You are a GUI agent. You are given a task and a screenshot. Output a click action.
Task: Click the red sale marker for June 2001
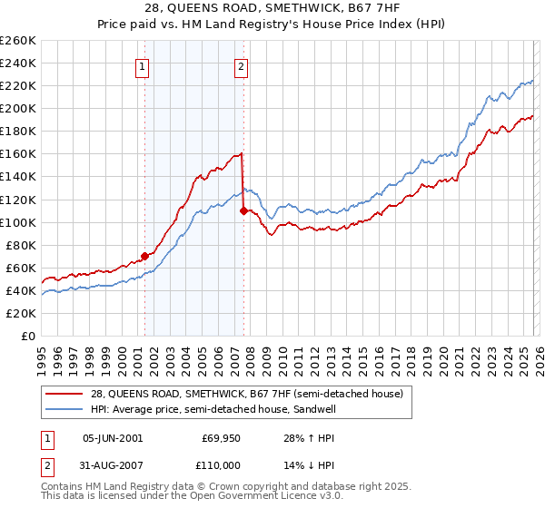[x=144, y=257]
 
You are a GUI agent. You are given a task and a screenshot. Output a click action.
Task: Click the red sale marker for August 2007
[x=243, y=210]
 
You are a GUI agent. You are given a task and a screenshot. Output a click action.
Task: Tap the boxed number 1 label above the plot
[x=144, y=65]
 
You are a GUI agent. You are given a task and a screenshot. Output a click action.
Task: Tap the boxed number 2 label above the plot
[x=242, y=65]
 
